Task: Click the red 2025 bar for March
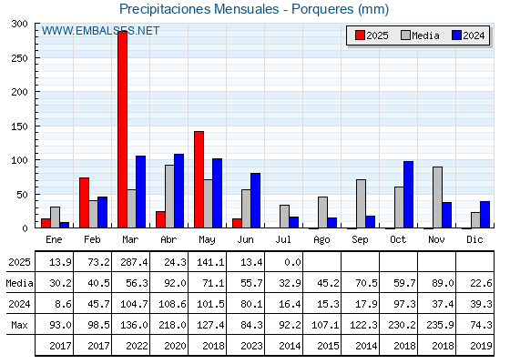pos(123,129)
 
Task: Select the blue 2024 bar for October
pos(408,195)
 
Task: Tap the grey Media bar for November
pos(437,197)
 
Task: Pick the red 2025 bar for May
pos(199,179)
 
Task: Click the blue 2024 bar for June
pos(255,200)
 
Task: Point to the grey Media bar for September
pos(361,204)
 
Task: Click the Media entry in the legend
pos(420,35)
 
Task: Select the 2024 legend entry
pos(468,35)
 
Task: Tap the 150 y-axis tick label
pos(19,126)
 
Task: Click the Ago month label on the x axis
pos(321,240)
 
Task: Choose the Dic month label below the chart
pos(474,239)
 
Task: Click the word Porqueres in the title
pos(322,9)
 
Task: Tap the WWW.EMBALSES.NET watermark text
pos(100,31)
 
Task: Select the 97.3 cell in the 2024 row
pos(404,304)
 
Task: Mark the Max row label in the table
pos(19,325)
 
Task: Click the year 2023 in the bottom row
pos(251,346)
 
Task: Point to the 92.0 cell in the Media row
pos(175,283)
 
